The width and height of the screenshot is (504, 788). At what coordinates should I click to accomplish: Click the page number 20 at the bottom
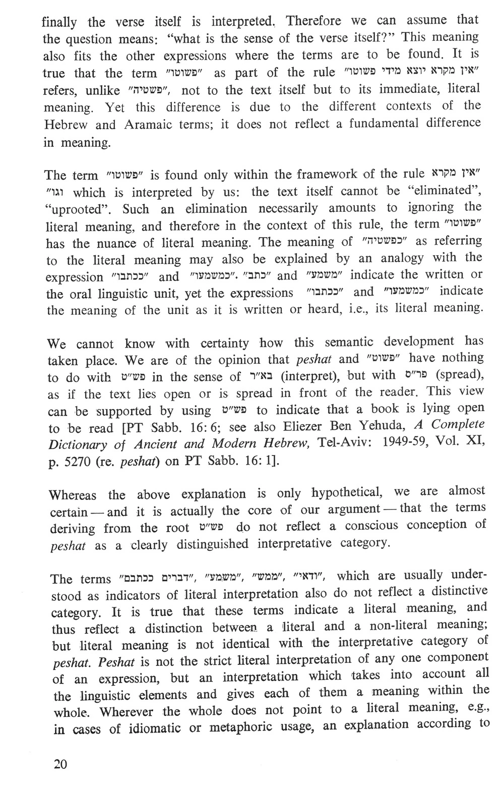[x=60, y=763]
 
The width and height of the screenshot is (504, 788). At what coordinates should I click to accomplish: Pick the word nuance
[x=112, y=243]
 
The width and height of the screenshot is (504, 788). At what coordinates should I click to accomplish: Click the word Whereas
[x=73, y=495]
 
